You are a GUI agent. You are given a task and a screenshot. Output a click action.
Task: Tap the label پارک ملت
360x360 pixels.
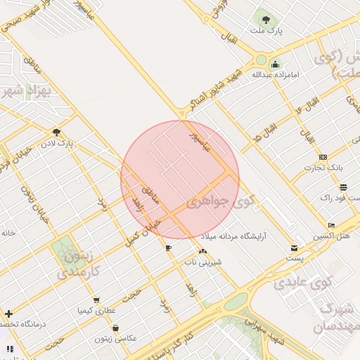[x=266, y=32]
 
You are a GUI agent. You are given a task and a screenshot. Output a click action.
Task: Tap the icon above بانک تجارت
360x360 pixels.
[x=323, y=157]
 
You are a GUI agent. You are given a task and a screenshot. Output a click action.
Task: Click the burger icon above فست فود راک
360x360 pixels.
[x=343, y=188]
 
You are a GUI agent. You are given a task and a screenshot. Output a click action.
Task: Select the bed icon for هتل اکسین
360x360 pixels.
[x=332, y=225]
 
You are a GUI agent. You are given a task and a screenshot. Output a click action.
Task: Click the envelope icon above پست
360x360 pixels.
[x=294, y=248]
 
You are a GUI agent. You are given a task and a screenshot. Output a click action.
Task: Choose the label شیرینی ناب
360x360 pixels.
[x=203, y=262]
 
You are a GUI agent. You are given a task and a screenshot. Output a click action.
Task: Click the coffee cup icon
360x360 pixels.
[x=168, y=248]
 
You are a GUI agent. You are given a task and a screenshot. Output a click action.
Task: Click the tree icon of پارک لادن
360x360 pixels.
[x=56, y=131]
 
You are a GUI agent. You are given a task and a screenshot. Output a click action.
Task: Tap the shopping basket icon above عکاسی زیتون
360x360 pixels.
[x=115, y=328]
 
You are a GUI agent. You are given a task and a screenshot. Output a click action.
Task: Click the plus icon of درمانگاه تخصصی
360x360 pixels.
[x=8, y=313]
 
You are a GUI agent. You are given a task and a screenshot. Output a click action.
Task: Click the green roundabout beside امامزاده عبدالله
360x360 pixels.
[x=262, y=60]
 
